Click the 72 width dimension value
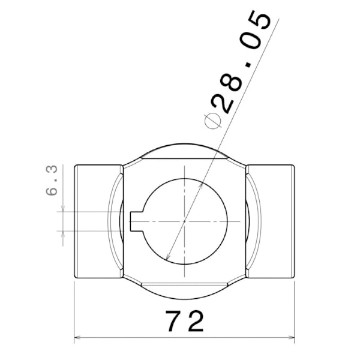click(185, 321)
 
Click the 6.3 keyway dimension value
click(52, 180)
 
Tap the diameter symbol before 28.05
click(213, 121)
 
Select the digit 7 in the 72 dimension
click(173, 321)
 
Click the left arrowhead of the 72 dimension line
click(77, 337)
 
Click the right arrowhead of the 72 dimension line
click(292, 337)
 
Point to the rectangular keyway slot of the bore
click(137, 221)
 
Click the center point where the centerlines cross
click(185, 221)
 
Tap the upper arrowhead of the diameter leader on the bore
click(201, 185)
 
